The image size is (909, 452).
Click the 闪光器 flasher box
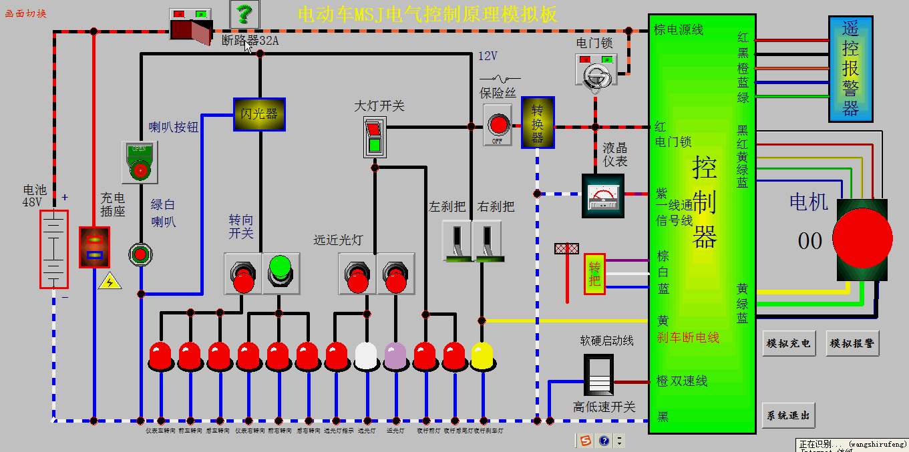(259, 114)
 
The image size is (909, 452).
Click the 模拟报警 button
(852, 343)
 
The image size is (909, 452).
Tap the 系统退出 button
(788, 415)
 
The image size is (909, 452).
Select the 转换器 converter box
(538, 122)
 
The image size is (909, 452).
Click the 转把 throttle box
(594, 274)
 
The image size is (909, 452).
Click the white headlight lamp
(366, 356)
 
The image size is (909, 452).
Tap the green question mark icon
(244, 13)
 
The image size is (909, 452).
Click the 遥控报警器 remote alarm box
(850, 69)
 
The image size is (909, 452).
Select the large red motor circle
(862, 238)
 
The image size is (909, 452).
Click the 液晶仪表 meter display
(602, 196)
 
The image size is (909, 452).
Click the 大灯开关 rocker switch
(374, 137)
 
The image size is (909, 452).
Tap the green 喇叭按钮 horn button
(140, 162)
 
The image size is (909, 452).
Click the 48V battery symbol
(53, 249)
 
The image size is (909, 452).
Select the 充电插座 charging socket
(94, 247)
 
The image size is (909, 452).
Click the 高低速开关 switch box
(598, 375)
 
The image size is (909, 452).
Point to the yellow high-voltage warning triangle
(110, 281)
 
